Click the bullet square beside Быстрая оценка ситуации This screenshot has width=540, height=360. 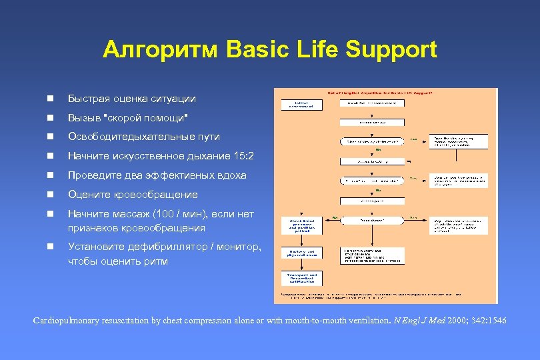click(50, 99)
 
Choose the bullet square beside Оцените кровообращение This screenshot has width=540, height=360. click(50, 195)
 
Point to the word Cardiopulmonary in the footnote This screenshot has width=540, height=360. click(66, 321)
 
